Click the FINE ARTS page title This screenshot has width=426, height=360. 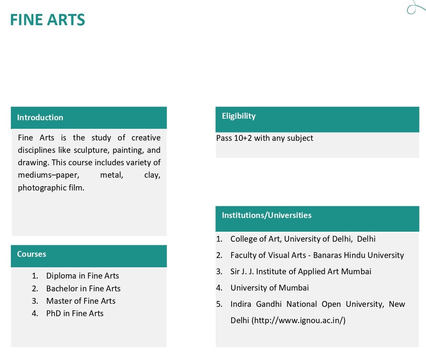tap(47, 20)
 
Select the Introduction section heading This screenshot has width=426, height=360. tap(40, 118)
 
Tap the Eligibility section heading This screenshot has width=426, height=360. tap(239, 116)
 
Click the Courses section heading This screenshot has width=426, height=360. tap(31, 254)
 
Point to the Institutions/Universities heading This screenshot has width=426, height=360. tap(267, 215)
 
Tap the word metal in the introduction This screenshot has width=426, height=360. tap(111, 175)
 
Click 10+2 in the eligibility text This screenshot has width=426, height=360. tap(243, 138)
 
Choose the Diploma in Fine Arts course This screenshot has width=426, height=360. tap(82, 276)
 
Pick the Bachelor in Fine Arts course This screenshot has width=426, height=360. tap(83, 289)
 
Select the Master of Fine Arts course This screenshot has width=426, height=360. tap(81, 301)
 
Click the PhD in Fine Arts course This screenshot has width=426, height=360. tap(74, 313)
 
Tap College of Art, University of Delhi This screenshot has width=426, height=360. tap(303, 239)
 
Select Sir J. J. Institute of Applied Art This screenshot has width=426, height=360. tap(301, 272)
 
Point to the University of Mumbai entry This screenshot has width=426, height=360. tap(270, 288)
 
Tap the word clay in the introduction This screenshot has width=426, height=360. tap(152, 175)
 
